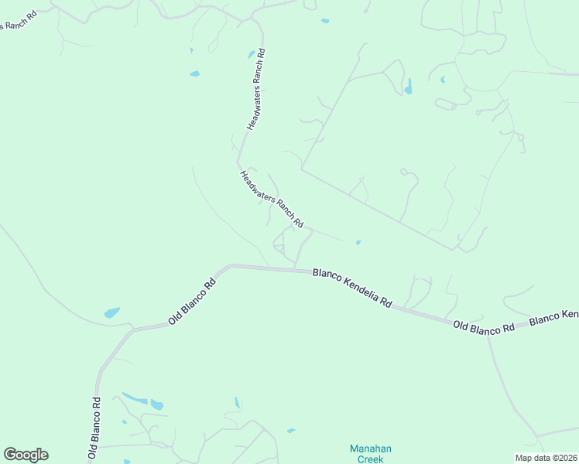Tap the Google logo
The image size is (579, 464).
click(x=26, y=455)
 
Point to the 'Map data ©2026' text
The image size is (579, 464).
click(x=545, y=458)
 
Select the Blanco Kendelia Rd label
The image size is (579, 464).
click(x=352, y=287)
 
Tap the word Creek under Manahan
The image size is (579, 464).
click(x=371, y=459)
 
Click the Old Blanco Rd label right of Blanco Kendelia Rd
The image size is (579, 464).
click(x=484, y=327)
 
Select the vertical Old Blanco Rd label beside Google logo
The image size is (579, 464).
click(x=94, y=429)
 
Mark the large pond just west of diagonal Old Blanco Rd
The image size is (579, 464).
click(x=112, y=313)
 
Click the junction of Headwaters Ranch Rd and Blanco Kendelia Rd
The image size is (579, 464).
click(x=295, y=268)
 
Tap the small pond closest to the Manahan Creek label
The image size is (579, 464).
click(x=291, y=431)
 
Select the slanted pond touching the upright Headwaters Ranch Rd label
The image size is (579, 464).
click(x=252, y=54)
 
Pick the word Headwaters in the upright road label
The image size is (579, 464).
click(x=253, y=109)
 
